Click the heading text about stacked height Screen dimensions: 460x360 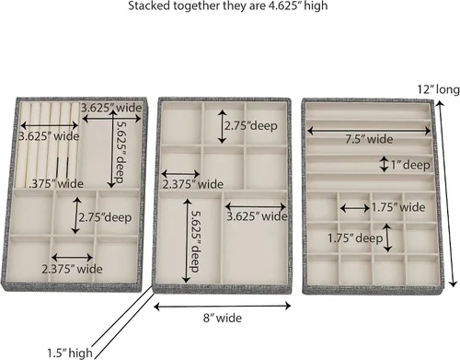point(228,6)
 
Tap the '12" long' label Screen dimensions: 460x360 point(438,89)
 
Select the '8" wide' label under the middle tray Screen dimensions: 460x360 point(223,318)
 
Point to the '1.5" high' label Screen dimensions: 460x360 point(70,353)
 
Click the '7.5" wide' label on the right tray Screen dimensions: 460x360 point(369,139)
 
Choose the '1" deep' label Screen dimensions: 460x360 point(410,165)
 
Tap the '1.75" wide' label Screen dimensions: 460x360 point(398,207)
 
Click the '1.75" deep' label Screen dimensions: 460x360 point(355,238)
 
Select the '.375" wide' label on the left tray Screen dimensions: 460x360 point(56,184)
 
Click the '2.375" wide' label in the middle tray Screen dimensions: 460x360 point(193,184)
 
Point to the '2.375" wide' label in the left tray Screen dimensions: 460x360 point(72,269)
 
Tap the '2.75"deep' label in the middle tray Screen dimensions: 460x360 point(251,126)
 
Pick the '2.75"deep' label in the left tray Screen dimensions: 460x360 point(105,217)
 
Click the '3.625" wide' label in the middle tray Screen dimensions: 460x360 point(257,216)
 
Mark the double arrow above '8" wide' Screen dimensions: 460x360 point(223,306)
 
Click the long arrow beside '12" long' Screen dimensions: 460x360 point(446,194)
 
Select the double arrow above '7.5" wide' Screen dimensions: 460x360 point(369,131)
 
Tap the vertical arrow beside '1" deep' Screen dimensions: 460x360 point(384,164)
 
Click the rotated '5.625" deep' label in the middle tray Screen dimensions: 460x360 point(195,241)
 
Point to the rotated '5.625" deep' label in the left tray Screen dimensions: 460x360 point(121,152)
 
